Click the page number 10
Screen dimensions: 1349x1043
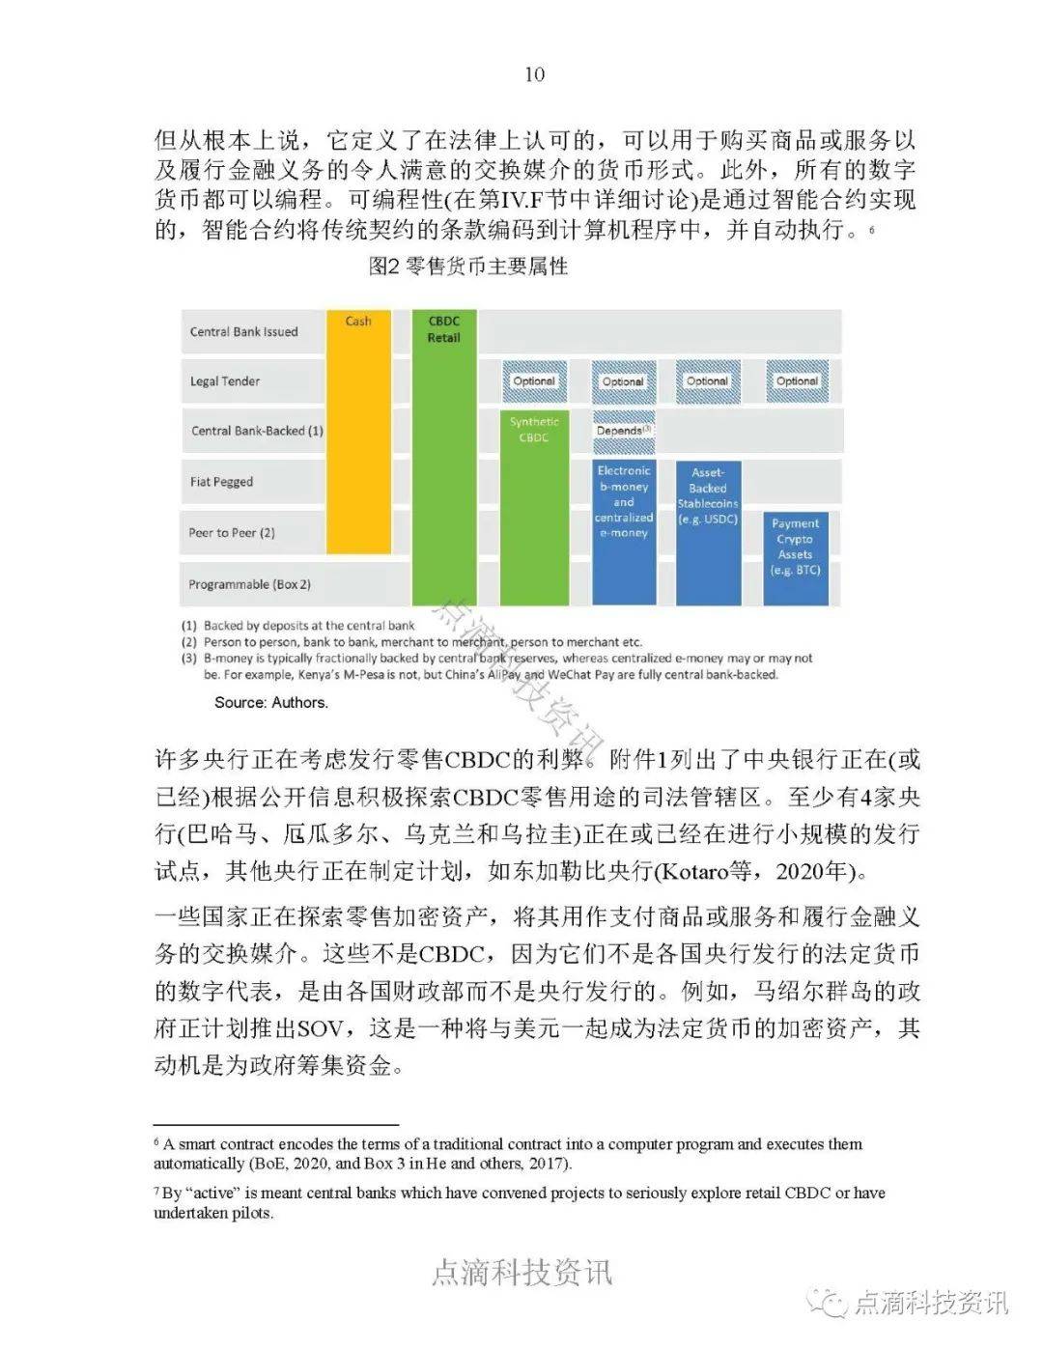click(x=534, y=74)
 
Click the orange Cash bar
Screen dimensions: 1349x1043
click(x=358, y=454)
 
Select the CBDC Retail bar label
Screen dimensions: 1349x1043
click(x=443, y=329)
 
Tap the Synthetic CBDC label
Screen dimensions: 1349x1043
click(x=534, y=430)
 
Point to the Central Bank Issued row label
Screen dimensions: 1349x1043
click(x=243, y=331)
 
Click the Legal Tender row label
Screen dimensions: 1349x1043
click(x=224, y=381)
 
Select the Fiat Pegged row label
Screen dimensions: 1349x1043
click(x=221, y=481)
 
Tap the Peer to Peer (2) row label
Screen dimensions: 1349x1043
click(x=232, y=532)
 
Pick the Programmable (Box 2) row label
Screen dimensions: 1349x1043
click(x=249, y=584)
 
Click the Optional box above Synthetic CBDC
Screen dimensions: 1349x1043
click(x=534, y=381)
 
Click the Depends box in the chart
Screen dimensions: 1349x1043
click(x=623, y=431)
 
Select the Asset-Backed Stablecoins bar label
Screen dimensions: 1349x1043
click(x=708, y=495)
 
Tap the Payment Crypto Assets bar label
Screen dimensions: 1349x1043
click(x=795, y=547)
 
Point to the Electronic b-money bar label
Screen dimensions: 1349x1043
click(x=624, y=501)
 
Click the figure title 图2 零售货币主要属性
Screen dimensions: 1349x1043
click(x=468, y=267)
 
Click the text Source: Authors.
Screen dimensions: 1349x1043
click(x=271, y=702)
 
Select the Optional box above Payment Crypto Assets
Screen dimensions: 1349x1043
click(x=797, y=381)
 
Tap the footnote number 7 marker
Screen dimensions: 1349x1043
click(x=157, y=1193)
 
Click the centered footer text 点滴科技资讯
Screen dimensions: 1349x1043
click(x=521, y=1272)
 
